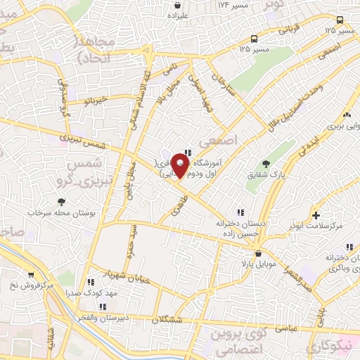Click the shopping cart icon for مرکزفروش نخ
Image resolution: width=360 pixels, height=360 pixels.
point(30,275)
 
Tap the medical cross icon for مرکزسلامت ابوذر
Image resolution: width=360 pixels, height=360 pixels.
point(316,215)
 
